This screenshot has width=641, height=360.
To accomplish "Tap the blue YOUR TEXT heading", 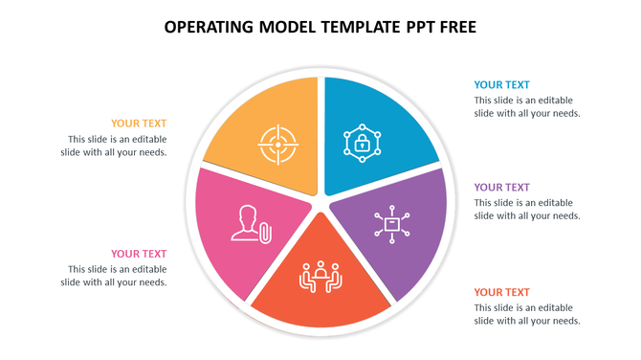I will [x=501, y=85].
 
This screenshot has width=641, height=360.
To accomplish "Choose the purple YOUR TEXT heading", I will [x=501, y=188].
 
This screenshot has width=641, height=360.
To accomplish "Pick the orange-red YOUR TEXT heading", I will [x=501, y=292].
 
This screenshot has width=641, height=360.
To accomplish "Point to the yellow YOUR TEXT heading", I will [x=139, y=124].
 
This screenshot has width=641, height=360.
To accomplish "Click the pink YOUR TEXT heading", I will [x=139, y=254].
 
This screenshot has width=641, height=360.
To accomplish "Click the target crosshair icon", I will [x=278, y=145].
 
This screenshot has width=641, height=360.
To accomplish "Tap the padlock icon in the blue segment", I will [x=363, y=144].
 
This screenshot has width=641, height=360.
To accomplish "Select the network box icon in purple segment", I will [x=392, y=224].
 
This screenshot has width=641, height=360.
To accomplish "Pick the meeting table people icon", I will [x=321, y=277].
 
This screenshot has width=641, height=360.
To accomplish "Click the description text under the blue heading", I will [x=527, y=106].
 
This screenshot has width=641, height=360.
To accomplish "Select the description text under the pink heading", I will [x=114, y=276].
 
